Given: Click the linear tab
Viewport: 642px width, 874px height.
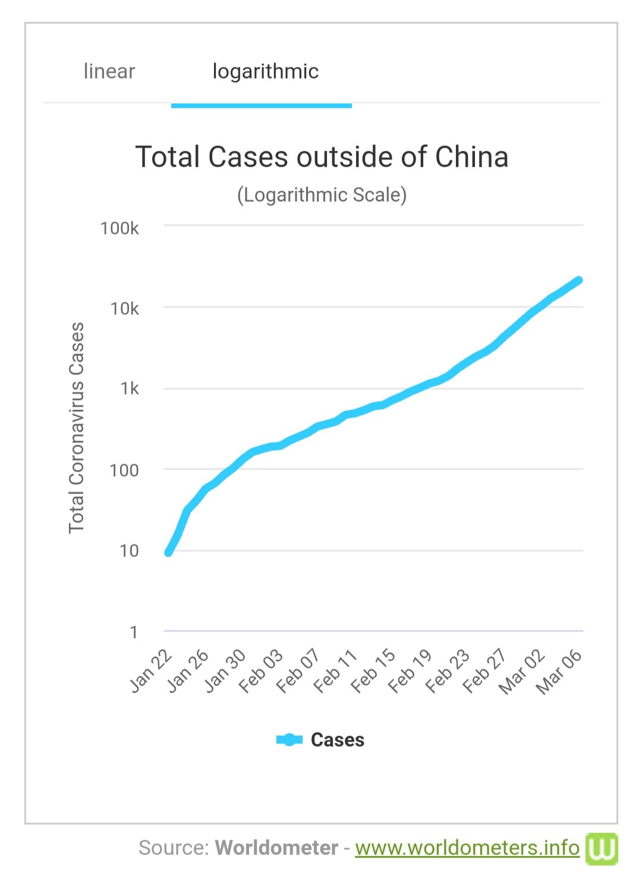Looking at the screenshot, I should click(109, 71).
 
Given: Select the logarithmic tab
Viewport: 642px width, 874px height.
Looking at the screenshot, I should click(265, 71).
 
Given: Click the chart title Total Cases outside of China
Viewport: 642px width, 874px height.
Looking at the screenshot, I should click(322, 157).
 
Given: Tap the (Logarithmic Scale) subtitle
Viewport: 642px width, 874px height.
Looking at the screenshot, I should click(322, 195).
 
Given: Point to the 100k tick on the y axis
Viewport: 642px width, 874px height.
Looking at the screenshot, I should click(119, 228).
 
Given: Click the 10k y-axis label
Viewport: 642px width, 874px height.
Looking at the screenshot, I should click(124, 308).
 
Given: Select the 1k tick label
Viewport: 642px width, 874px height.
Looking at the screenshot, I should click(129, 389).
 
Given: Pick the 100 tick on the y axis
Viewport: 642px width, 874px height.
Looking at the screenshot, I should click(124, 470).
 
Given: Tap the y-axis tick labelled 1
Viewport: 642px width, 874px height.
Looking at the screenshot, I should click(134, 632).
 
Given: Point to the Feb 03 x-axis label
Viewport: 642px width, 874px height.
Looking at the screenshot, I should click(261, 672).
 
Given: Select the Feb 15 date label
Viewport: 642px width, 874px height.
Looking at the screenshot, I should click(373, 672).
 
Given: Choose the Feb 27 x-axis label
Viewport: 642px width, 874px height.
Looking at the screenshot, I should click(485, 672).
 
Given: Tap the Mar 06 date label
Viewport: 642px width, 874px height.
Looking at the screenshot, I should click(559, 672).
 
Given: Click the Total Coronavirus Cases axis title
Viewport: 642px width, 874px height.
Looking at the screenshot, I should click(77, 428).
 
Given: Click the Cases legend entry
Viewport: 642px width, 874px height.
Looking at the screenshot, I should click(321, 740).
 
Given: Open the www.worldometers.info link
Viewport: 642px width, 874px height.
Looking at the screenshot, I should click(467, 847).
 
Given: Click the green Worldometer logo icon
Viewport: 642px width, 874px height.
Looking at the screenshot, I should click(602, 848).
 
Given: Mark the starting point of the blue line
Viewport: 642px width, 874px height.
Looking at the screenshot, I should click(168, 553).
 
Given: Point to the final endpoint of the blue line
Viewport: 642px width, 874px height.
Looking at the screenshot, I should click(578, 280).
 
